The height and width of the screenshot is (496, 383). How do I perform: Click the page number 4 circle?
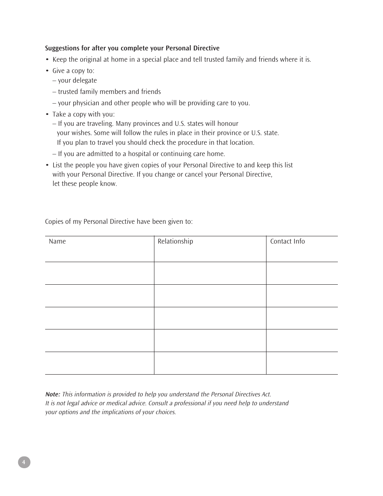(24, 462)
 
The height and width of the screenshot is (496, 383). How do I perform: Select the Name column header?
(57, 242)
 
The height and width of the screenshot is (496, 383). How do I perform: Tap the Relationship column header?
(175, 242)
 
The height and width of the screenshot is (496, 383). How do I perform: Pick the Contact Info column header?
(287, 242)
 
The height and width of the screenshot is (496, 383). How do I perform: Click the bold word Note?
(53, 394)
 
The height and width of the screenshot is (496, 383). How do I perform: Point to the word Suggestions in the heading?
(62, 48)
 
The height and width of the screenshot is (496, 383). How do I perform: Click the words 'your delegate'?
(77, 81)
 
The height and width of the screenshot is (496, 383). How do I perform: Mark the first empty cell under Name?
(99, 273)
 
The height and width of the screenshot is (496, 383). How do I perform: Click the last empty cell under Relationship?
(210, 363)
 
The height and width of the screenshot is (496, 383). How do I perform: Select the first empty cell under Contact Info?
(302, 273)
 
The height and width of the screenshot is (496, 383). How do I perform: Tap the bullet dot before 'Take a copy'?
(47, 115)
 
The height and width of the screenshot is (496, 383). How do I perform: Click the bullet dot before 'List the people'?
(47, 165)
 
